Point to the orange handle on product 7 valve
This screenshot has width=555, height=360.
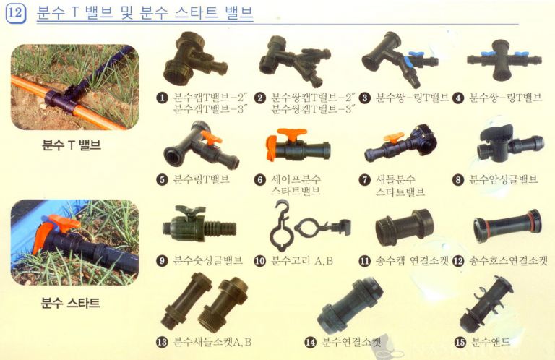click(x=393, y=136)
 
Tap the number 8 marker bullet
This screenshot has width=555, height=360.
click(x=458, y=179)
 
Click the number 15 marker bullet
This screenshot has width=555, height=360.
click(x=460, y=342)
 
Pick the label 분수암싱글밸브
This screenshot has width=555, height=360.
click(x=504, y=179)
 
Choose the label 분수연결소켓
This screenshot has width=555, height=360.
click(x=350, y=342)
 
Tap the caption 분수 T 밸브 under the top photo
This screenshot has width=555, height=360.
click(x=70, y=145)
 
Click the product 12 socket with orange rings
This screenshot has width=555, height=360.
click(x=506, y=226)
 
